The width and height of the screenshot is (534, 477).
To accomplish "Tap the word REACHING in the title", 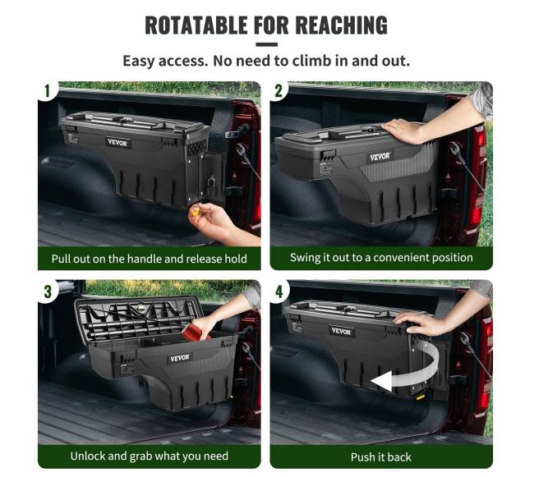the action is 341,25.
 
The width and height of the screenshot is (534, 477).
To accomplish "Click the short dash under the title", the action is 267,44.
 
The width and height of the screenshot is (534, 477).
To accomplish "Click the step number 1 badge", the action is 47,91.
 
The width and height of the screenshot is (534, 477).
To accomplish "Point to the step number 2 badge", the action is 279,91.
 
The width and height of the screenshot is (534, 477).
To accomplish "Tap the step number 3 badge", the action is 48,291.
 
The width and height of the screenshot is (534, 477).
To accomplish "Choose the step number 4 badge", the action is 279,291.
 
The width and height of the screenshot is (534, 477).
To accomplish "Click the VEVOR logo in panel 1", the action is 117,143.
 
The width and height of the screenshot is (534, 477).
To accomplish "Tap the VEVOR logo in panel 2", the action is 380,157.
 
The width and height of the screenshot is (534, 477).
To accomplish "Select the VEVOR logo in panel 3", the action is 179,358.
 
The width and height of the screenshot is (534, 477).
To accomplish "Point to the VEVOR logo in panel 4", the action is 341,331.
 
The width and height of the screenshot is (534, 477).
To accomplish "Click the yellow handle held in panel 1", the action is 196,213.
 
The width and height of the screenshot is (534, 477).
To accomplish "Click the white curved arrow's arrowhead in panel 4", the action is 381,382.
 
